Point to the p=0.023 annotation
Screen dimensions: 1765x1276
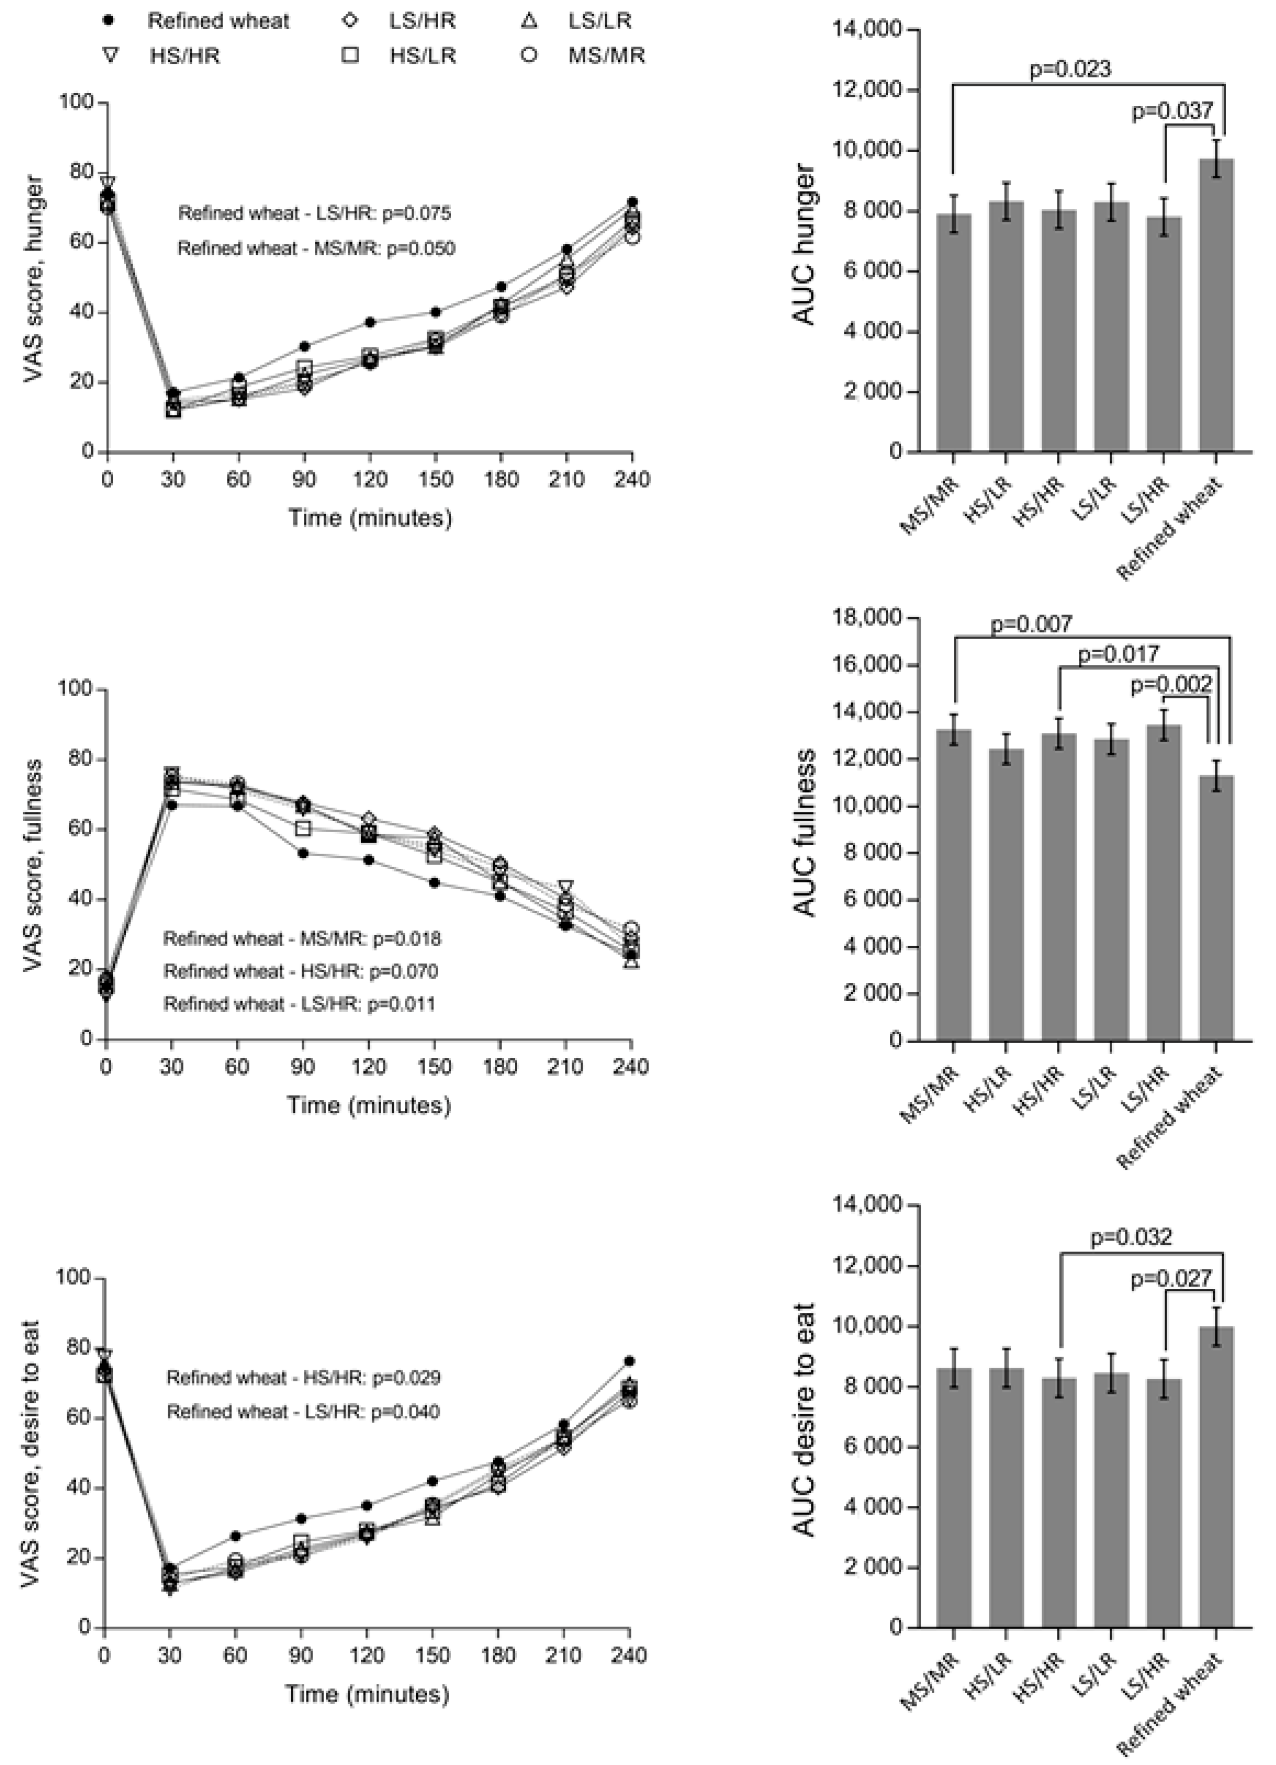point(1070,69)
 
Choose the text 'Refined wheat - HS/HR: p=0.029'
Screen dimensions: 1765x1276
point(303,1378)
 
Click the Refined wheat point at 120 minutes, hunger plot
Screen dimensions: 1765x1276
point(370,322)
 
